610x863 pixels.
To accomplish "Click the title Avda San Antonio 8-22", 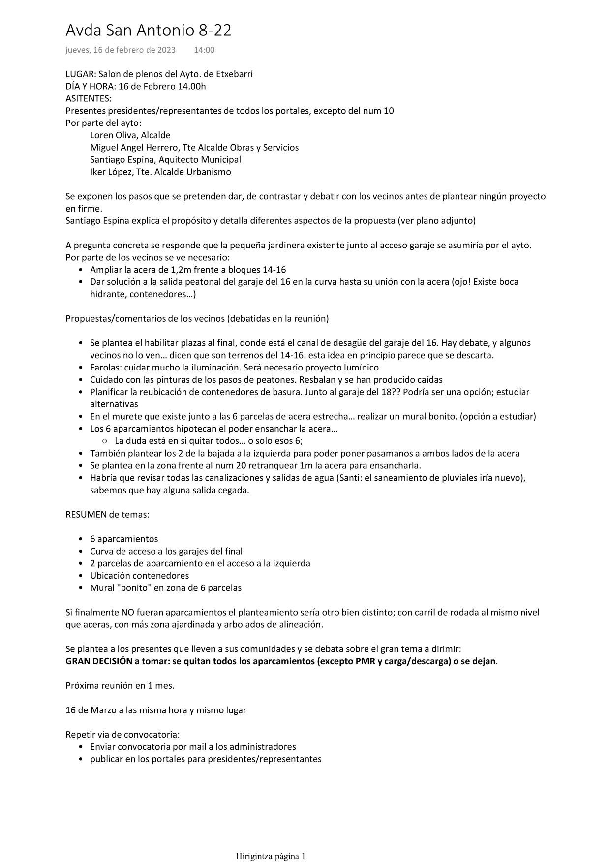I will [x=148, y=31].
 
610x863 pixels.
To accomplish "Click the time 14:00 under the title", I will [x=204, y=50].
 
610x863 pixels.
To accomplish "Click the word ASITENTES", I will [x=88, y=98].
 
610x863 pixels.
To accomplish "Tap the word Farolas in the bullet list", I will [x=105, y=368].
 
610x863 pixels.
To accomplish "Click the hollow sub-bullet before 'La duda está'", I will [x=105, y=441].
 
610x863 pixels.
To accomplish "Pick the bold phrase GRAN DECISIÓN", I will [x=99, y=661].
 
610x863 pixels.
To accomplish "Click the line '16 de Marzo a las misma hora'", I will [x=156, y=710].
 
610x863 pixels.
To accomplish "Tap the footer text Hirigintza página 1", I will [x=271, y=856].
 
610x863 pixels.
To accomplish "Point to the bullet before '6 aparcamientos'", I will [x=81, y=539].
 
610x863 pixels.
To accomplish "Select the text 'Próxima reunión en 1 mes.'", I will [x=120, y=686].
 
